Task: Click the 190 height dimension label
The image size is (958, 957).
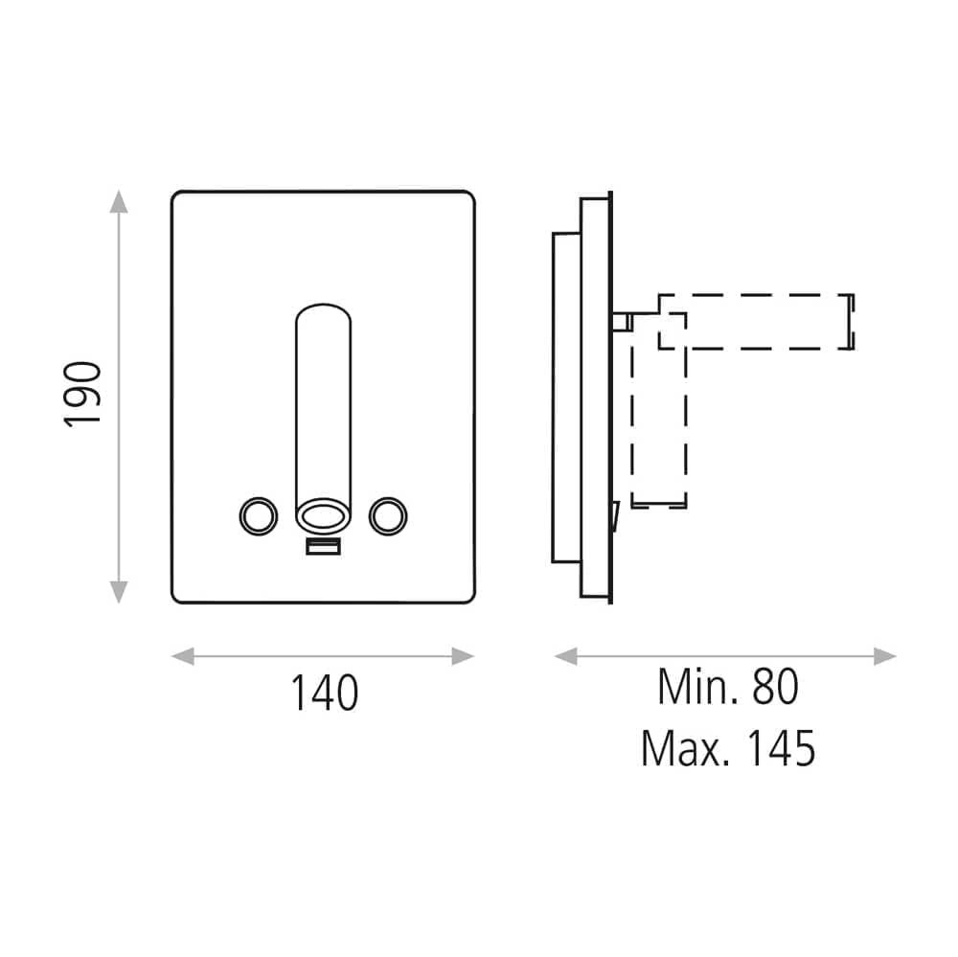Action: pyautogui.click(x=81, y=394)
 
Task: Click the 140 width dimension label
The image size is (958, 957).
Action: pyautogui.click(x=324, y=693)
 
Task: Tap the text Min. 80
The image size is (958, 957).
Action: pyautogui.click(x=728, y=686)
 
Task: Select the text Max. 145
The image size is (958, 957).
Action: pyautogui.click(x=728, y=748)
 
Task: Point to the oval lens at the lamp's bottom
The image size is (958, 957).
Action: pyautogui.click(x=323, y=515)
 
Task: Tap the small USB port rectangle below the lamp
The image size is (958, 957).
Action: pyautogui.click(x=323, y=546)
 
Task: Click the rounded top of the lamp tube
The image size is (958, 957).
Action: pyautogui.click(x=323, y=305)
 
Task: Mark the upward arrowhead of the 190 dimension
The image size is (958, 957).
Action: pyautogui.click(x=119, y=202)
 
